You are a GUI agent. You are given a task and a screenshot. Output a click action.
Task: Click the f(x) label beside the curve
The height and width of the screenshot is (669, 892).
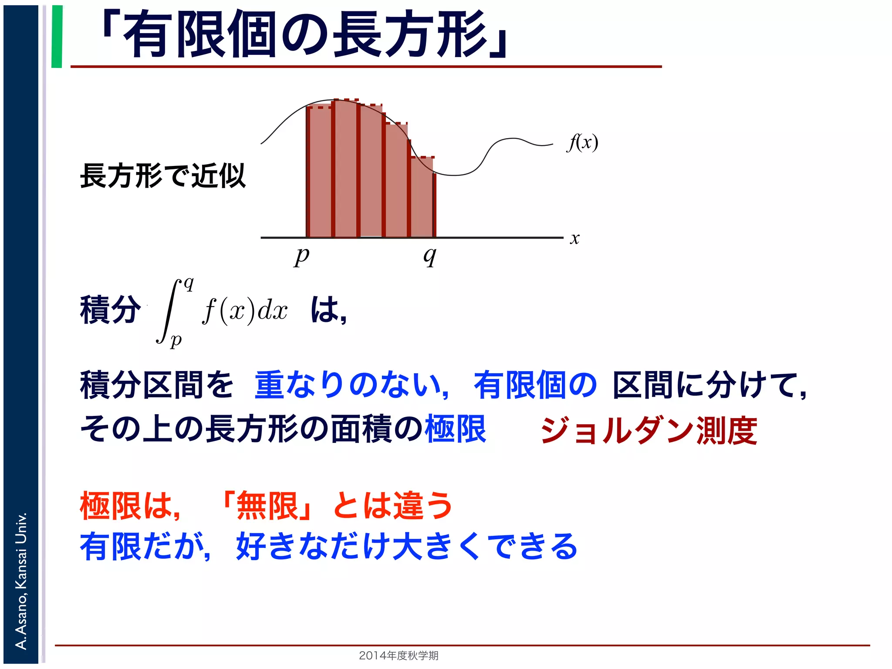pyautogui.click(x=583, y=142)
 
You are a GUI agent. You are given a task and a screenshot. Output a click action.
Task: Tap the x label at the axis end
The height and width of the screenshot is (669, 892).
pyautogui.click(x=574, y=238)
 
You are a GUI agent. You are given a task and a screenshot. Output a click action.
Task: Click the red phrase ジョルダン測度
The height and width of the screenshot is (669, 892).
pyautogui.click(x=649, y=430)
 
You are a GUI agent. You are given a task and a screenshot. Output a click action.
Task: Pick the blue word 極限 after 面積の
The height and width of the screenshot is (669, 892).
pyautogui.click(x=456, y=429)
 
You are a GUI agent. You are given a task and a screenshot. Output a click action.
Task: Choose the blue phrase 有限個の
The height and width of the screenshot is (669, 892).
pyautogui.click(x=535, y=385)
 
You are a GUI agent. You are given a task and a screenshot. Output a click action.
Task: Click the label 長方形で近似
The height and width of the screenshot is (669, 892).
pyautogui.click(x=163, y=176)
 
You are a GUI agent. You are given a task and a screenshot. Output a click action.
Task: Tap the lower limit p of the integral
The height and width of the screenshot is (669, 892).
pyautogui.click(x=176, y=339)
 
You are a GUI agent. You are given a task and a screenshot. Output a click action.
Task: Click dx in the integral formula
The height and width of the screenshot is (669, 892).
pyautogui.click(x=273, y=311)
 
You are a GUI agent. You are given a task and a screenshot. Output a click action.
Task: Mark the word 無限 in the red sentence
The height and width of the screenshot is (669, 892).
pyautogui.click(x=267, y=506)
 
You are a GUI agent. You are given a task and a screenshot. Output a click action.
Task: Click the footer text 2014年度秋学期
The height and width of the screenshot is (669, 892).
pyautogui.click(x=399, y=655)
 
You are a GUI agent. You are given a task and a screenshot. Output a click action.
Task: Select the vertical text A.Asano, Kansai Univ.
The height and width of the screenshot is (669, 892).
pyautogui.click(x=21, y=581)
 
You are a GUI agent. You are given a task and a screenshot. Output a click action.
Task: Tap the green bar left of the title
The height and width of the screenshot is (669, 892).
pyautogui.click(x=57, y=37)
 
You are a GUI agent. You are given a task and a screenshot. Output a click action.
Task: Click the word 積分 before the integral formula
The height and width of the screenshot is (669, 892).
pyautogui.click(x=111, y=310)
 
